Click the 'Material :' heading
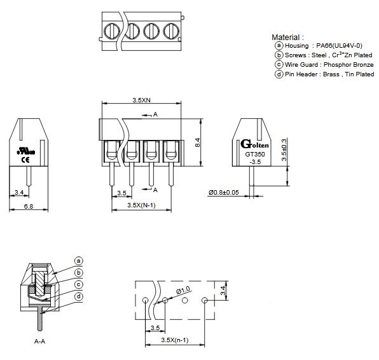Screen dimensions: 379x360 pyautogui.click(x=287, y=38)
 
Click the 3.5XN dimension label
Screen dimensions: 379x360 pyautogui.click(x=141, y=100)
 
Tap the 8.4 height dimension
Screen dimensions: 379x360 pyautogui.click(x=198, y=142)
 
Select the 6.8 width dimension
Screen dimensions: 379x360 pyautogui.click(x=28, y=206)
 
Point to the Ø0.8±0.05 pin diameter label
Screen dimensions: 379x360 pyautogui.click(x=224, y=193)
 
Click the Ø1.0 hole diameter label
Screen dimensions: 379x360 pyautogui.click(x=183, y=290)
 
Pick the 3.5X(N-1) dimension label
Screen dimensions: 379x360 pyautogui.click(x=141, y=205)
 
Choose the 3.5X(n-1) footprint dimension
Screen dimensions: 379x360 pyautogui.click(x=174, y=340)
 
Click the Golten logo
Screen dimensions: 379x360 pyautogui.click(x=254, y=144)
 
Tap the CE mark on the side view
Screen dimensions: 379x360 pyautogui.click(x=26, y=160)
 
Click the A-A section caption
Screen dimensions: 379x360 pyautogui.click(x=39, y=342)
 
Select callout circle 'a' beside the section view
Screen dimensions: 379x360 pyautogui.click(x=79, y=261)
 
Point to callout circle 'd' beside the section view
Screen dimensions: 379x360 pyautogui.click(x=79, y=296)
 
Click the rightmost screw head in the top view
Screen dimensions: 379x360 pyautogui.click(x=171, y=31)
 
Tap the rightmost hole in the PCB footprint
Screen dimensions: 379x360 pyautogui.click(x=205, y=300)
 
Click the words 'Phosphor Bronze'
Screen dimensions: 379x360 pyautogui.click(x=348, y=65)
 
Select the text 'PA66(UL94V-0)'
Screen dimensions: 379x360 pyautogui.click(x=339, y=45)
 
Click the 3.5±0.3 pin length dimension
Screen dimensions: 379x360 pyautogui.click(x=284, y=150)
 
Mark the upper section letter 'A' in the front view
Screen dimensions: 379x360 pyautogui.click(x=155, y=114)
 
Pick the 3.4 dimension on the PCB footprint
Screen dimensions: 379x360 pyautogui.click(x=223, y=291)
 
